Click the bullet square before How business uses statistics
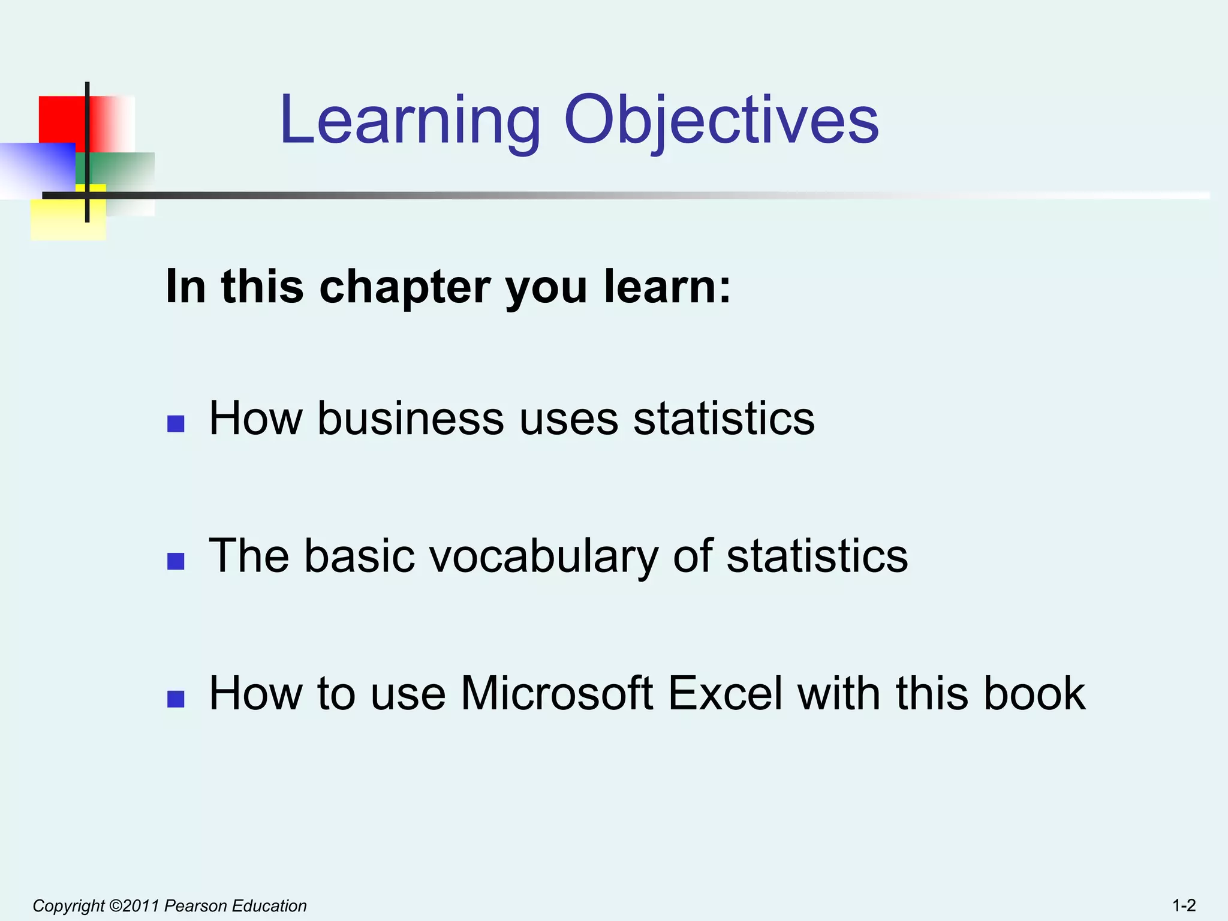coord(176,424)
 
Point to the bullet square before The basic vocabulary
coord(176,561)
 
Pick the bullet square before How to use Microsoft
coord(176,699)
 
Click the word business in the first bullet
coord(411,418)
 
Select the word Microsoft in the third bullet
coord(556,693)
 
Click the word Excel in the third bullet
coord(726,693)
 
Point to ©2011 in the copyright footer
coord(135,905)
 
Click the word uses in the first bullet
coord(569,418)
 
